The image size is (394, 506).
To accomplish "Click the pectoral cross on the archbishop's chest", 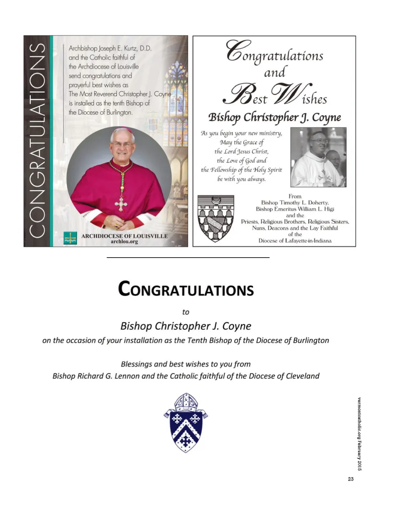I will click(x=121, y=203).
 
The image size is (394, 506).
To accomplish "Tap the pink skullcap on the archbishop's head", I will click(x=123, y=130).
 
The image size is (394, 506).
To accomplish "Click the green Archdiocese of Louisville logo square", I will click(x=70, y=238).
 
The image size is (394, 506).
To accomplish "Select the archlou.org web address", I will click(x=124, y=242).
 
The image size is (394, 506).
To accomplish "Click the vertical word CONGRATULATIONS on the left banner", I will click(x=38, y=141).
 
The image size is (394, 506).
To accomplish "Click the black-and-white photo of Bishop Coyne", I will click(x=318, y=157).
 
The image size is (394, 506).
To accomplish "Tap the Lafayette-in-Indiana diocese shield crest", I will click(x=215, y=218).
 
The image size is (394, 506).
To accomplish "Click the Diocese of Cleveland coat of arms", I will click(x=186, y=423).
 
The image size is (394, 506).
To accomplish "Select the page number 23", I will click(x=351, y=479).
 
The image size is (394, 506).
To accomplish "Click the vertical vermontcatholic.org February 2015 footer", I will click(x=359, y=434).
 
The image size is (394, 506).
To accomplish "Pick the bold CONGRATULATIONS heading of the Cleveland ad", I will click(x=186, y=289).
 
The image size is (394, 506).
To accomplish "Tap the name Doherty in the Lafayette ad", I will click(x=317, y=203).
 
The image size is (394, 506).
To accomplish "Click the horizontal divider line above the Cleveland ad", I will click(x=188, y=257).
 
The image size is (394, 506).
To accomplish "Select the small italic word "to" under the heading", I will click(x=186, y=312).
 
